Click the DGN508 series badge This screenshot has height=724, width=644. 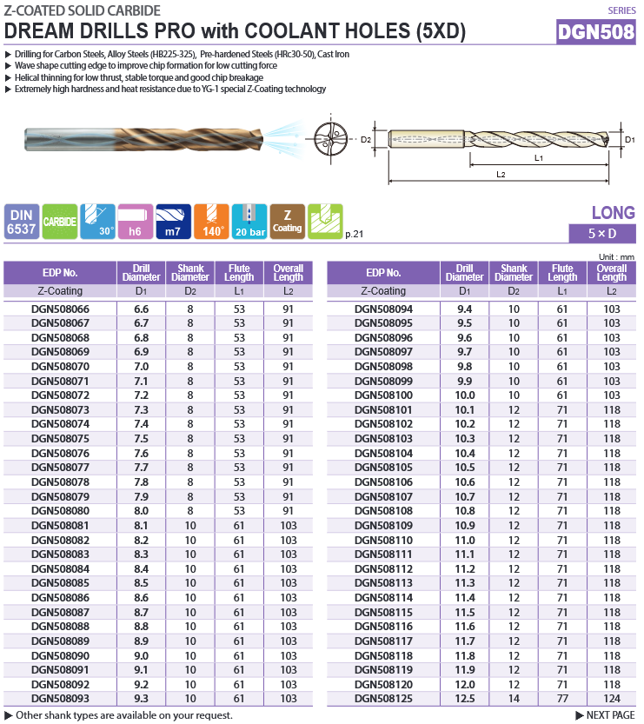[x=597, y=33]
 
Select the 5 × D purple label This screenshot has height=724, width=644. [x=602, y=234]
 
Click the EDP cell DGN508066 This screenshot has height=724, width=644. [x=60, y=309]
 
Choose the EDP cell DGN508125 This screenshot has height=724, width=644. [x=383, y=699]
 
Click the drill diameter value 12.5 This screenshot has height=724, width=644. [x=465, y=699]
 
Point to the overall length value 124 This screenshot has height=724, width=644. [x=612, y=699]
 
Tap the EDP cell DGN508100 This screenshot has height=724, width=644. [x=383, y=395]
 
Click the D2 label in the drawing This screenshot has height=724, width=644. [x=366, y=139]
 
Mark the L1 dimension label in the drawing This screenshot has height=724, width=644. [x=539, y=157]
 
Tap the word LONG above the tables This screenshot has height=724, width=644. [x=613, y=213]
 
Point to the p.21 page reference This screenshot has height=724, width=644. [x=354, y=234]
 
